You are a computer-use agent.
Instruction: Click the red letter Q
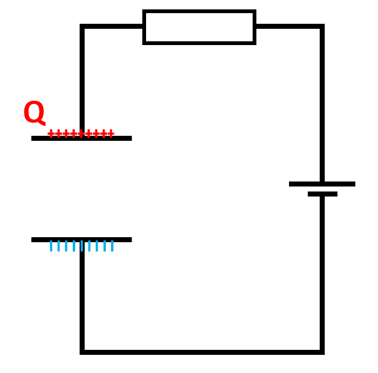pyautogui.click(x=34, y=113)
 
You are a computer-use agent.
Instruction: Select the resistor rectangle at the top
pyautogui.click(x=199, y=27)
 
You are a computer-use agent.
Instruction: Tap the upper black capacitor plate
pyautogui.click(x=81, y=138)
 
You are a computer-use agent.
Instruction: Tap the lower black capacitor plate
pyautogui.click(x=81, y=239)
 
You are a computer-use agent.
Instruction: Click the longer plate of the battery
pyautogui.click(x=322, y=184)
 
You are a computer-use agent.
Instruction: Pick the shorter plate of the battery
pyautogui.click(x=322, y=194)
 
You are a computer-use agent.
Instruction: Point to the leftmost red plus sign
pyautogui.click(x=51, y=133)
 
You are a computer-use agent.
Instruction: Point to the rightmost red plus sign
pyautogui.click(x=111, y=133)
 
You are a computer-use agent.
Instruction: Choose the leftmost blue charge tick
pyautogui.click(x=51, y=246)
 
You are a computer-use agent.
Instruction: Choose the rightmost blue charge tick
pyautogui.click(x=112, y=246)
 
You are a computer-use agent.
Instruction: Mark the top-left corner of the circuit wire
pyautogui.click(x=82, y=26)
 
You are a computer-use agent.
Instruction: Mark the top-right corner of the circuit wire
pyautogui.click(x=322, y=26)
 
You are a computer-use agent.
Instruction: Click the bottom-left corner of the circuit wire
pyautogui.click(x=82, y=352)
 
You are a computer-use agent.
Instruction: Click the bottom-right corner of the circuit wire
pyautogui.click(x=322, y=352)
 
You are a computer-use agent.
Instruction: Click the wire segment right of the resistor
pyautogui.click(x=288, y=26)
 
